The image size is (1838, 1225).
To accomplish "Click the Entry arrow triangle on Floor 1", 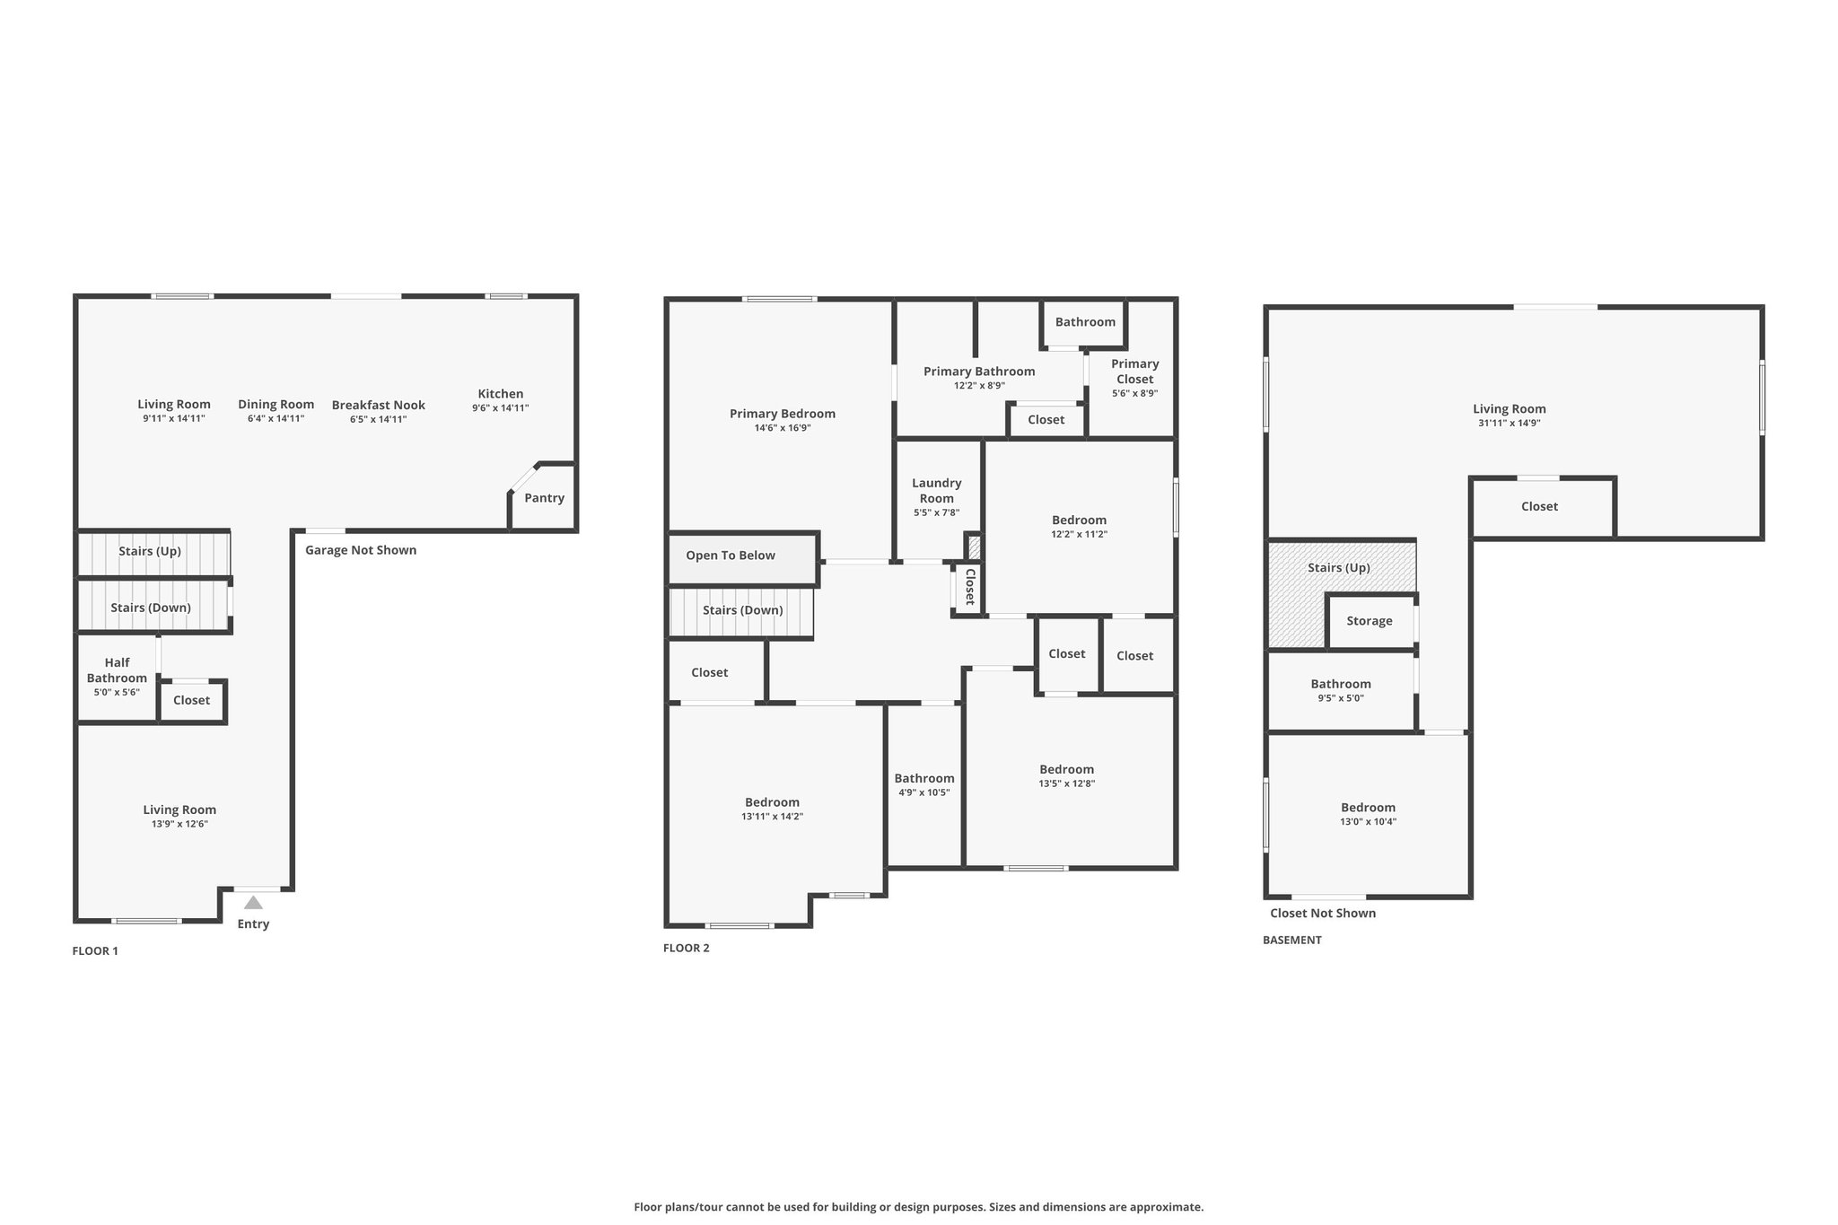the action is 254,903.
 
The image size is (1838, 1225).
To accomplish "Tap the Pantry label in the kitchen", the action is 545,498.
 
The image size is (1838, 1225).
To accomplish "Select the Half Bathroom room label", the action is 117,670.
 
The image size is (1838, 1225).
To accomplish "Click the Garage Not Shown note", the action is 361,550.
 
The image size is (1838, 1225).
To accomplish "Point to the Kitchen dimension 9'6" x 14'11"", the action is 501,408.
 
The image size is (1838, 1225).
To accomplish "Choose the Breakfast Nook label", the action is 379,405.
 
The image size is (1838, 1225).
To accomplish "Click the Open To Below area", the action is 743,558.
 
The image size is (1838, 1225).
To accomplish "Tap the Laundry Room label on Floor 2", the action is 937,491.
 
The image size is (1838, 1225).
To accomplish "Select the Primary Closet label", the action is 1135,372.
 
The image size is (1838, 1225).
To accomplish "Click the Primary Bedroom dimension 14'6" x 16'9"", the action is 783,428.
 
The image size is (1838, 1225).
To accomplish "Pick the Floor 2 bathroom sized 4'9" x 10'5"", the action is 924,784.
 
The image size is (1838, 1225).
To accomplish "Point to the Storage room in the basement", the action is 1370,621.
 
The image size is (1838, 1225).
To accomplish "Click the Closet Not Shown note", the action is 1323,914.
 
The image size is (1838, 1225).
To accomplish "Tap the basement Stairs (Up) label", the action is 1339,568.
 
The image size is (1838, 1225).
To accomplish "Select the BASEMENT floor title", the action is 1292,941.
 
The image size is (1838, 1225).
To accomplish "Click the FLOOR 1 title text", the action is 95,951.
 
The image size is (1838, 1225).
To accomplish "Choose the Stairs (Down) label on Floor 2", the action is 743,610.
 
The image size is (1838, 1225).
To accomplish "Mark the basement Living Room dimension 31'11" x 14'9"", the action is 1510,423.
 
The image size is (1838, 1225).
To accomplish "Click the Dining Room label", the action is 276,405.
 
